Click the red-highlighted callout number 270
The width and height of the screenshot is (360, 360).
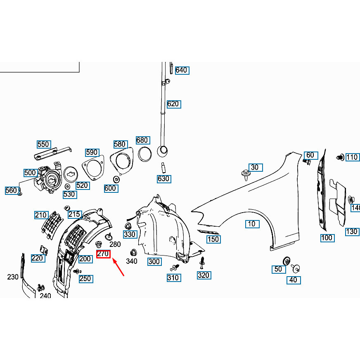coord(103,254)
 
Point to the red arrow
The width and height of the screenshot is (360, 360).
coord(118,268)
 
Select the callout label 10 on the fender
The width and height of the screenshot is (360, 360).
coord(251,224)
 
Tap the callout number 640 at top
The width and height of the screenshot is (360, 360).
coord(182,70)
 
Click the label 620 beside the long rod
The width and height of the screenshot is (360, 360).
coord(173,104)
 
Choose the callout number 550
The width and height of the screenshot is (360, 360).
coord(43,144)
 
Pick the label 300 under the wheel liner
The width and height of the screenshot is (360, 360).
coord(154,261)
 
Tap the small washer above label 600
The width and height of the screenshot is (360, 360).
coord(117,179)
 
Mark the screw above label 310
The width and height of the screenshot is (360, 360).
coord(175,267)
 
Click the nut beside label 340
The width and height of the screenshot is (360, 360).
coord(133,252)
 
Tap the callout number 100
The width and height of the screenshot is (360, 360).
coord(327,238)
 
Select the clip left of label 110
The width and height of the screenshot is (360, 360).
coord(340,157)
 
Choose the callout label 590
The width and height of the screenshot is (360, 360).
coord(92,152)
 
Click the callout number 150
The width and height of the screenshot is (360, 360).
coord(213,239)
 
